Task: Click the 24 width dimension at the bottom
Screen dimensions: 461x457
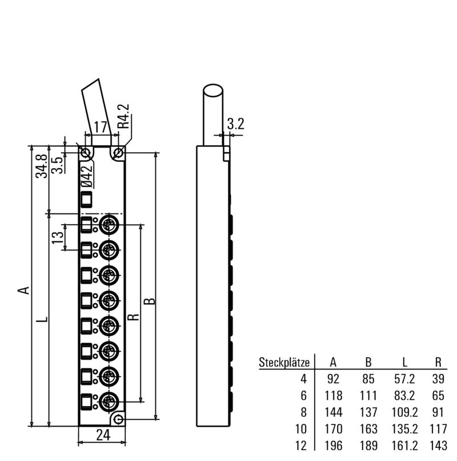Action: tap(102, 435)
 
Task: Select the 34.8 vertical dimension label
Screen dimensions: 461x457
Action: tap(41, 166)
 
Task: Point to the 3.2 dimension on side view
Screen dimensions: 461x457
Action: tap(235, 124)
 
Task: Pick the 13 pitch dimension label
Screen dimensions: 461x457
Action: tap(58, 236)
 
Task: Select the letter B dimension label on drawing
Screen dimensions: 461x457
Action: tap(150, 301)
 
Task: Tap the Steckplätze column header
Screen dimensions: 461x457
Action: tap(284, 362)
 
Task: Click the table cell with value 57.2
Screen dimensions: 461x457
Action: tap(404, 379)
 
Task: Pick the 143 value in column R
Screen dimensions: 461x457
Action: tap(438, 446)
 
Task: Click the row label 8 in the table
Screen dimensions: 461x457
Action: tap(303, 412)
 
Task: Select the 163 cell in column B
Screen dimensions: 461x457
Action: tap(368, 429)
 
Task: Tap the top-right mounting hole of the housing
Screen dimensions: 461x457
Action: tap(118, 153)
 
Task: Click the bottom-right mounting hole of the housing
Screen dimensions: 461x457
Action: tap(118, 420)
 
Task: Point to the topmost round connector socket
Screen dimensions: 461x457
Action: tap(109, 224)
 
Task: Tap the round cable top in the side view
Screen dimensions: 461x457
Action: tap(214, 92)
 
